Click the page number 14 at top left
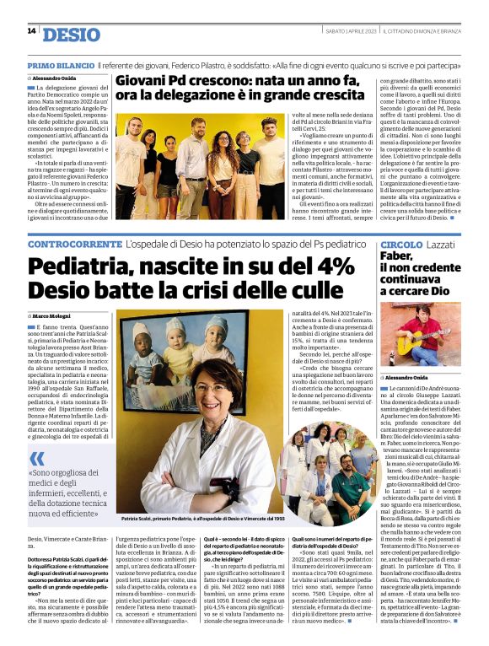(x=31, y=31)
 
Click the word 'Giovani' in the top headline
(x=144, y=83)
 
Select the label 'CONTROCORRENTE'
(x=74, y=244)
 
